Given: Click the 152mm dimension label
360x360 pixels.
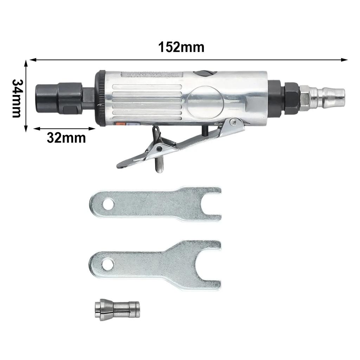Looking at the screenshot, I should pos(181,47).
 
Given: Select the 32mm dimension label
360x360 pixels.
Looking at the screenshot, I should pos(66,138).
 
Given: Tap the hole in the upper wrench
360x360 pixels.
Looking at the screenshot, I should pos(108,204).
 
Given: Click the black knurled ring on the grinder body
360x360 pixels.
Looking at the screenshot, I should pos(102,98).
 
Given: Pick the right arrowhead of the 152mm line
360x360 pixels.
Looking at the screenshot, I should pos(345,60).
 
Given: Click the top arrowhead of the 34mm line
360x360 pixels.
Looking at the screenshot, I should pos(26,63).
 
